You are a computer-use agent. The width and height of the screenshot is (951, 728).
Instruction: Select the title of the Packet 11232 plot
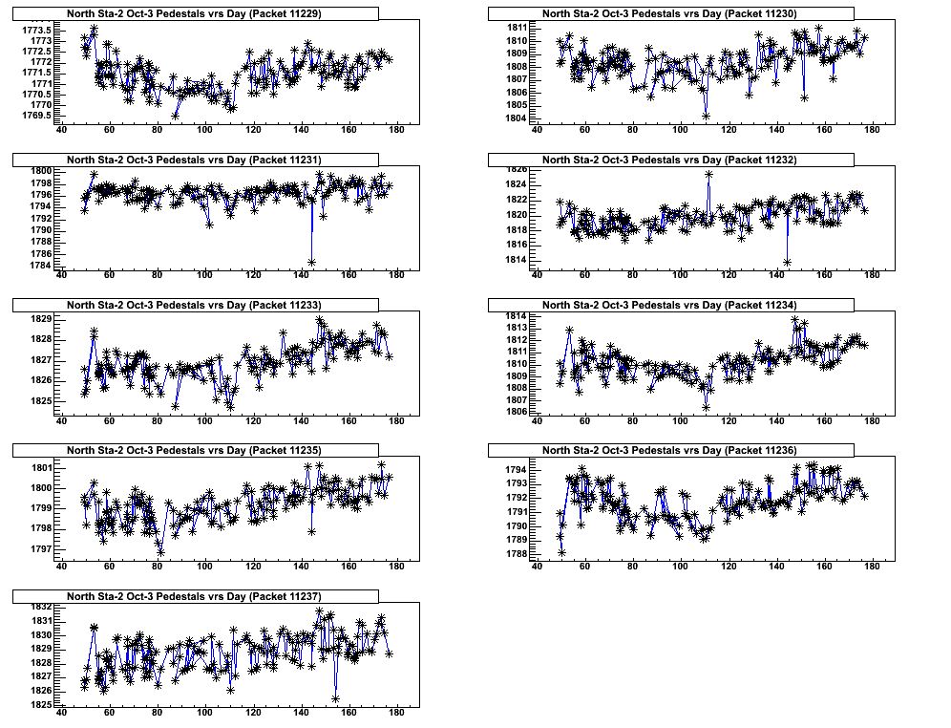pos(669,160)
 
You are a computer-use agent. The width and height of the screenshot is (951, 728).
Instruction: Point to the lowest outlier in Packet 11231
pos(312,261)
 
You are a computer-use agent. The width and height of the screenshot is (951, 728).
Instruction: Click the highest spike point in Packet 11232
pos(708,174)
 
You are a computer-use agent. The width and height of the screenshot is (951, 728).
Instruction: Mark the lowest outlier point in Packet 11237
pos(336,698)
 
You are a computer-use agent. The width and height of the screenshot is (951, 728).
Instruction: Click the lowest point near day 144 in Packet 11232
pos(788,261)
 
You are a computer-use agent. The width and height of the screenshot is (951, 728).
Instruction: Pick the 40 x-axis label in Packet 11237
pos(61,713)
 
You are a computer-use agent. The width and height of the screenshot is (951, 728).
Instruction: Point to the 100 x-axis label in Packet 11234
pos(680,421)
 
